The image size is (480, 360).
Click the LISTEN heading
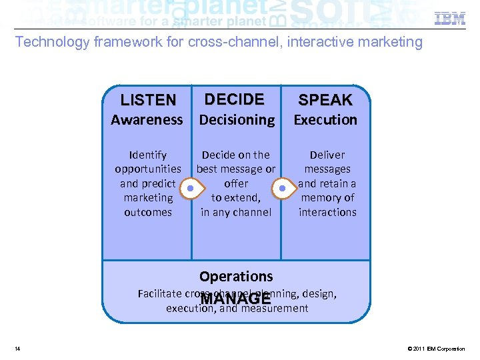tap(148, 100)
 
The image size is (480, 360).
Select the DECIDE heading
tap(235, 99)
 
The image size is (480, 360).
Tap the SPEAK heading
tap(325, 100)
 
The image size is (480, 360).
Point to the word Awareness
tap(147, 120)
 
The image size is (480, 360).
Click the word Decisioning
tap(237, 120)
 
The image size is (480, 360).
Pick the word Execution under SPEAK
tap(325, 120)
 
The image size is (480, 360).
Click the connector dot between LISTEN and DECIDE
tap(191, 188)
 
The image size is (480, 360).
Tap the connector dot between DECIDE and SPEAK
tap(282, 188)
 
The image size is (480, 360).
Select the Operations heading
tap(236, 276)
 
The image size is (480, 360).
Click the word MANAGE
tap(236, 301)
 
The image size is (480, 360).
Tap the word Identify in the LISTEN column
tap(148, 155)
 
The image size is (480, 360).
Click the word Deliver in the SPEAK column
tap(327, 155)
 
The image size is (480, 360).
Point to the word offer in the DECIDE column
tap(236, 183)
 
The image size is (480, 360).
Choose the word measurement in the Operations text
tap(275, 308)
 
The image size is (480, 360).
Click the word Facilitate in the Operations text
tap(159, 293)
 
